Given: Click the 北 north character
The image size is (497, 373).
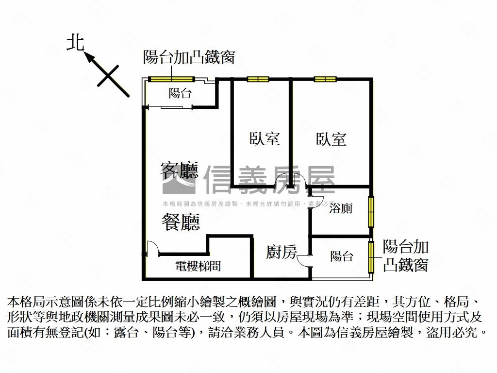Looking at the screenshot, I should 75,42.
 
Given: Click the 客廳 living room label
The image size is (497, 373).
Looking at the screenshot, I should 180,170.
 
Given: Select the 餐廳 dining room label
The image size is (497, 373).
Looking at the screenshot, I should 181,222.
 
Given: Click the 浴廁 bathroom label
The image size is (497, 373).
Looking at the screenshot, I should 341,209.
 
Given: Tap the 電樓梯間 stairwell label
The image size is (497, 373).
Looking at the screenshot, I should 198,266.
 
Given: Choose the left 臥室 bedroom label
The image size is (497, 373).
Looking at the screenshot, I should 265,139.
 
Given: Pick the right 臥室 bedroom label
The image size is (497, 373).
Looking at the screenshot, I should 331,139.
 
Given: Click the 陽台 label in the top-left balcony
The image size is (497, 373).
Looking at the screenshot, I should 180,93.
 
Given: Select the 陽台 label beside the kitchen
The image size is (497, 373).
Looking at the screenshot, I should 342,256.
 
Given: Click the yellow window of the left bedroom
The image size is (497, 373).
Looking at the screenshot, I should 257,79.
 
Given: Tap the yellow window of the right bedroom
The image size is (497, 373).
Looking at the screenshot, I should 325,79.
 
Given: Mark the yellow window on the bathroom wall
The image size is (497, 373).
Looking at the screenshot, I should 371,211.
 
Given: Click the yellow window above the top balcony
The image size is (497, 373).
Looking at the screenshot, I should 171,79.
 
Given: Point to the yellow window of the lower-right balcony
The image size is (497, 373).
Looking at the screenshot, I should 371,257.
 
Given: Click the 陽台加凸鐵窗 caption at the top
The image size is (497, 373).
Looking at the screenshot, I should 189,57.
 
